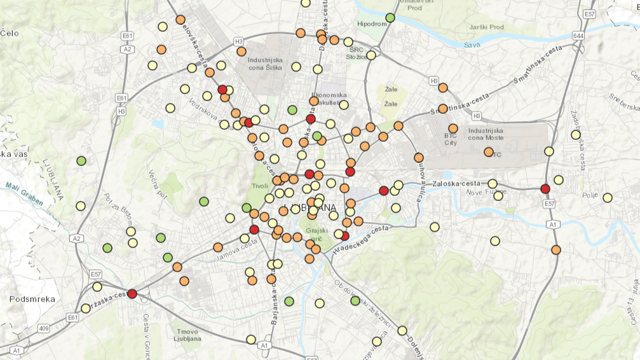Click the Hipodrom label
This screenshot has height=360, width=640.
pyautogui.click(x=372, y=24)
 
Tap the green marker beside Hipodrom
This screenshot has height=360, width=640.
pyautogui.click(x=390, y=17)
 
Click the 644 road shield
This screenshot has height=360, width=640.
pyautogui.click(x=578, y=36)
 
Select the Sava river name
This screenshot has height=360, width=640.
pyautogui.click(x=472, y=45)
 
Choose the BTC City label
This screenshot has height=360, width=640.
pyautogui.click(x=451, y=139)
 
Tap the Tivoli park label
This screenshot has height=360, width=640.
pyautogui.click(x=261, y=186)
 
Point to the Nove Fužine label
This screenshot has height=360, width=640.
pyautogui.click(x=484, y=192)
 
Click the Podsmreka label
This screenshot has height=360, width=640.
pyautogui.click(x=32, y=298)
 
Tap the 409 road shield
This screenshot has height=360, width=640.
pyautogui.click(x=43, y=328)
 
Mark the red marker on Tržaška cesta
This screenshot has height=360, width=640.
pyautogui.click(x=132, y=293)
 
